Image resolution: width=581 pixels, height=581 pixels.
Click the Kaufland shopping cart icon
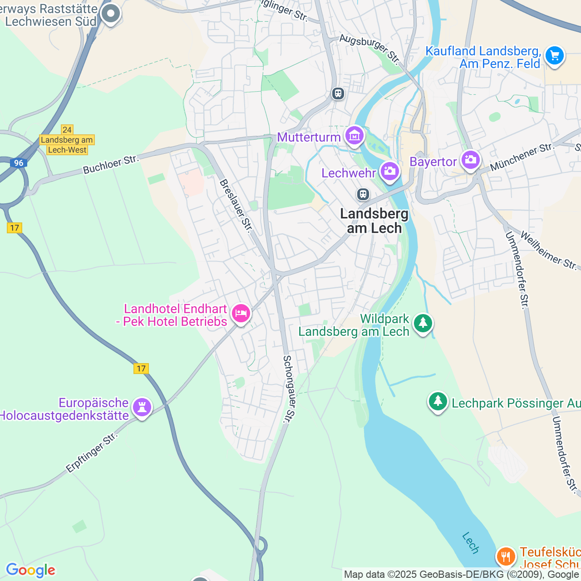(554, 56)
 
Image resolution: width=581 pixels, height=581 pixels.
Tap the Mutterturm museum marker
(354, 135)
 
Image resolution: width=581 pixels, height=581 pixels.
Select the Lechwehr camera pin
(389, 172)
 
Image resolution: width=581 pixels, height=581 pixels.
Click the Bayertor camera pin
(470, 160)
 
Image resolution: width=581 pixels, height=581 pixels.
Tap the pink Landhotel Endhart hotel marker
(241, 313)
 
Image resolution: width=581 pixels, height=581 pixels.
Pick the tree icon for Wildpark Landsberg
(423, 323)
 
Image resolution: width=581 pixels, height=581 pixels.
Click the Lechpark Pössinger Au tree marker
(438, 402)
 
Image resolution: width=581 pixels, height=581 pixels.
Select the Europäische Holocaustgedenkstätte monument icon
(142, 408)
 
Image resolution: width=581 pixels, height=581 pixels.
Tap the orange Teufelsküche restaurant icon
(505, 556)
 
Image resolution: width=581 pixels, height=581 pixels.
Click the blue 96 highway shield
(18, 163)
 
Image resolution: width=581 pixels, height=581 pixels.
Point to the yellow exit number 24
(67, 130)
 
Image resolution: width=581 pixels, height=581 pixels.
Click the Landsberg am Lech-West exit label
(67, 145)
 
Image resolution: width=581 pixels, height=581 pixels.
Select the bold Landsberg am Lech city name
(374, 221)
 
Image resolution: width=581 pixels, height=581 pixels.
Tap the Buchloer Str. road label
(110, 164)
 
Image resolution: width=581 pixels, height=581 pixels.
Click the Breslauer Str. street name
(235, 206)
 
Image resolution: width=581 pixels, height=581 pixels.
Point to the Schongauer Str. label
(289, 389)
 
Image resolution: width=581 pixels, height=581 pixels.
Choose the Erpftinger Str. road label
(92, 453)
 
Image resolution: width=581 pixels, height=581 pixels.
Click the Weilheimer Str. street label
(548, 251)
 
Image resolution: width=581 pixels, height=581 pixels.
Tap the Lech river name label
(470, 543)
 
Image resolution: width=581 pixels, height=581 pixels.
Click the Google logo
(30, 570)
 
